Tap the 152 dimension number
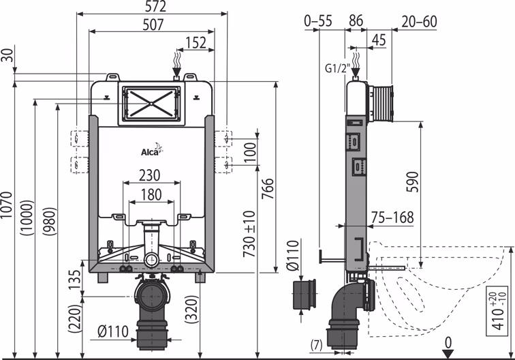click(196, 42)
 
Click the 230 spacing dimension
click(151, 175)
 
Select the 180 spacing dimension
click(151, 194)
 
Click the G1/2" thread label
click(337, 68)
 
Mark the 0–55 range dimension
click(319, 22)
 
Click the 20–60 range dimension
click(418, 22)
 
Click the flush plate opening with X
click(151, 104)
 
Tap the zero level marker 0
click(448, 342)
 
